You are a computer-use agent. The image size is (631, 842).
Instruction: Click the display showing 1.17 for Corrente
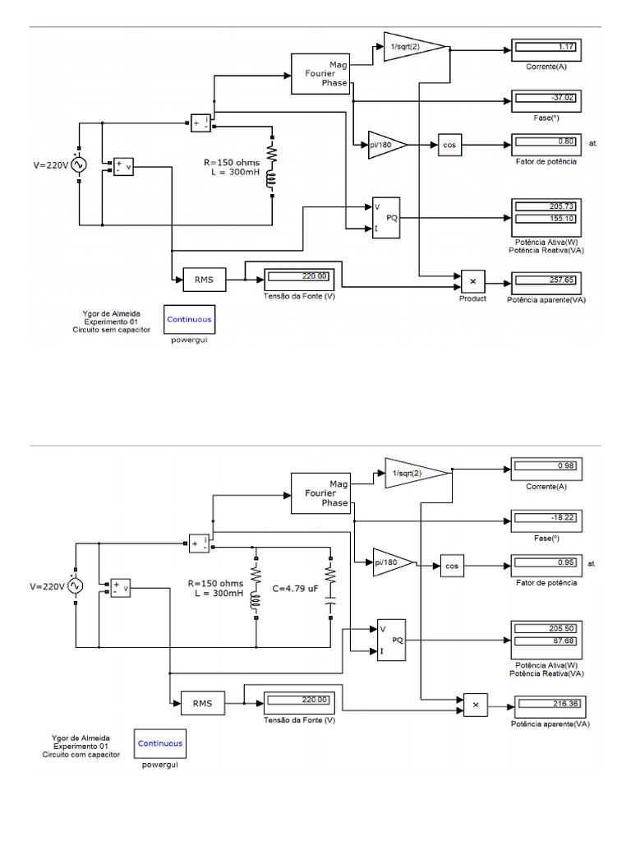546,48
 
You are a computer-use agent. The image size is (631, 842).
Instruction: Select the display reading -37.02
546,99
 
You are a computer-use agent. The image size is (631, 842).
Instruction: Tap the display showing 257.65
546,280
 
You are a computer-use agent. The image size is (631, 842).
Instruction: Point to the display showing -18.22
546,519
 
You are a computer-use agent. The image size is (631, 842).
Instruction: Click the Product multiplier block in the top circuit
472,280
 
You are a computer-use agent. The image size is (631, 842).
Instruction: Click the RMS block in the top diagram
204,280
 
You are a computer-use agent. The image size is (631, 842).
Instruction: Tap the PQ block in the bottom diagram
391,639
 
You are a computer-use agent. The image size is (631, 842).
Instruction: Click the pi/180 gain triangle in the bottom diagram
390,563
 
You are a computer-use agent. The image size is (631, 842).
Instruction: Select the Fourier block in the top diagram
320,73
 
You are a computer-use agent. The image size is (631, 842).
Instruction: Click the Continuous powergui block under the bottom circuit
160,743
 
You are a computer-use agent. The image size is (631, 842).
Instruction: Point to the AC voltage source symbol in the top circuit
80,164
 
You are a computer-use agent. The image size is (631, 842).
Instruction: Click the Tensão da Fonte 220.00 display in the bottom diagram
297,701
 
